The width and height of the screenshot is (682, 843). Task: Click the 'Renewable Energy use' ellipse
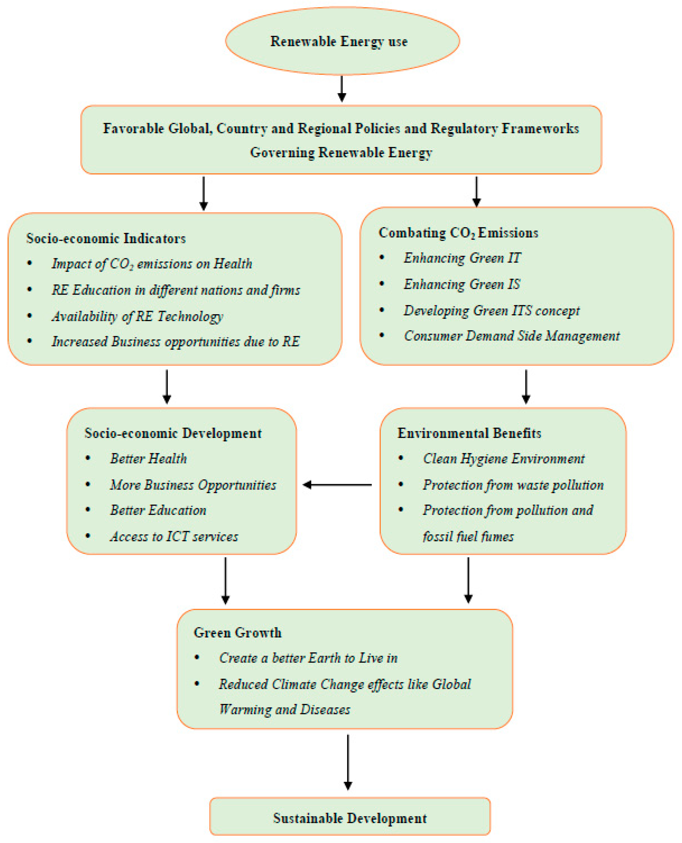342,41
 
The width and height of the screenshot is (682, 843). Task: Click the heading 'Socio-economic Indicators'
106,238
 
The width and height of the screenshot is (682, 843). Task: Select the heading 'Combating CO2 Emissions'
458,233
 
